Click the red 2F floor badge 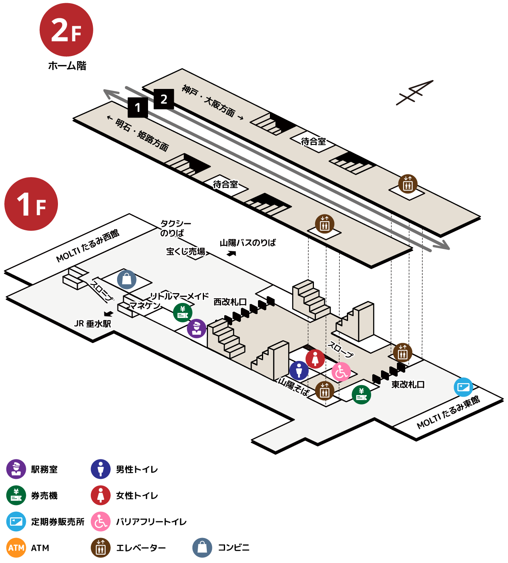(x=66, y=30)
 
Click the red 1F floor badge (x=31, y=204)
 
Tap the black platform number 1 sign (x=138, y=108)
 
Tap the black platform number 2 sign (x=164, y=99)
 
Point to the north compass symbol (x=414, y=93)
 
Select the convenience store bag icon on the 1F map (x=127, y=280)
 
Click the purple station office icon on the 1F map (x=196, y=328)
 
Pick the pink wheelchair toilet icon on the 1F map (x=341, y=372)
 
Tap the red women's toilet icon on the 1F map (x=315, y=359)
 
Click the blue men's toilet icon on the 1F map (x=299, y=370)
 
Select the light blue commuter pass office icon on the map (x=464, y=387)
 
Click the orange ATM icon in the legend (x=16, y=548)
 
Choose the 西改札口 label (x=230, y=302)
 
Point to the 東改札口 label (x=408, y=384)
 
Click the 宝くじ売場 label (x=185, y=251)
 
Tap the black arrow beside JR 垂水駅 (x=108, y=314)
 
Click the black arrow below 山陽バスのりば (x=231, y=253)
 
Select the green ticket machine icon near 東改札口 (x=361, y=395)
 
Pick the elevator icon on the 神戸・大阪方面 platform (x=408, y=184)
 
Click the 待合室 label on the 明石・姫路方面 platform (x=225, y=184)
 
